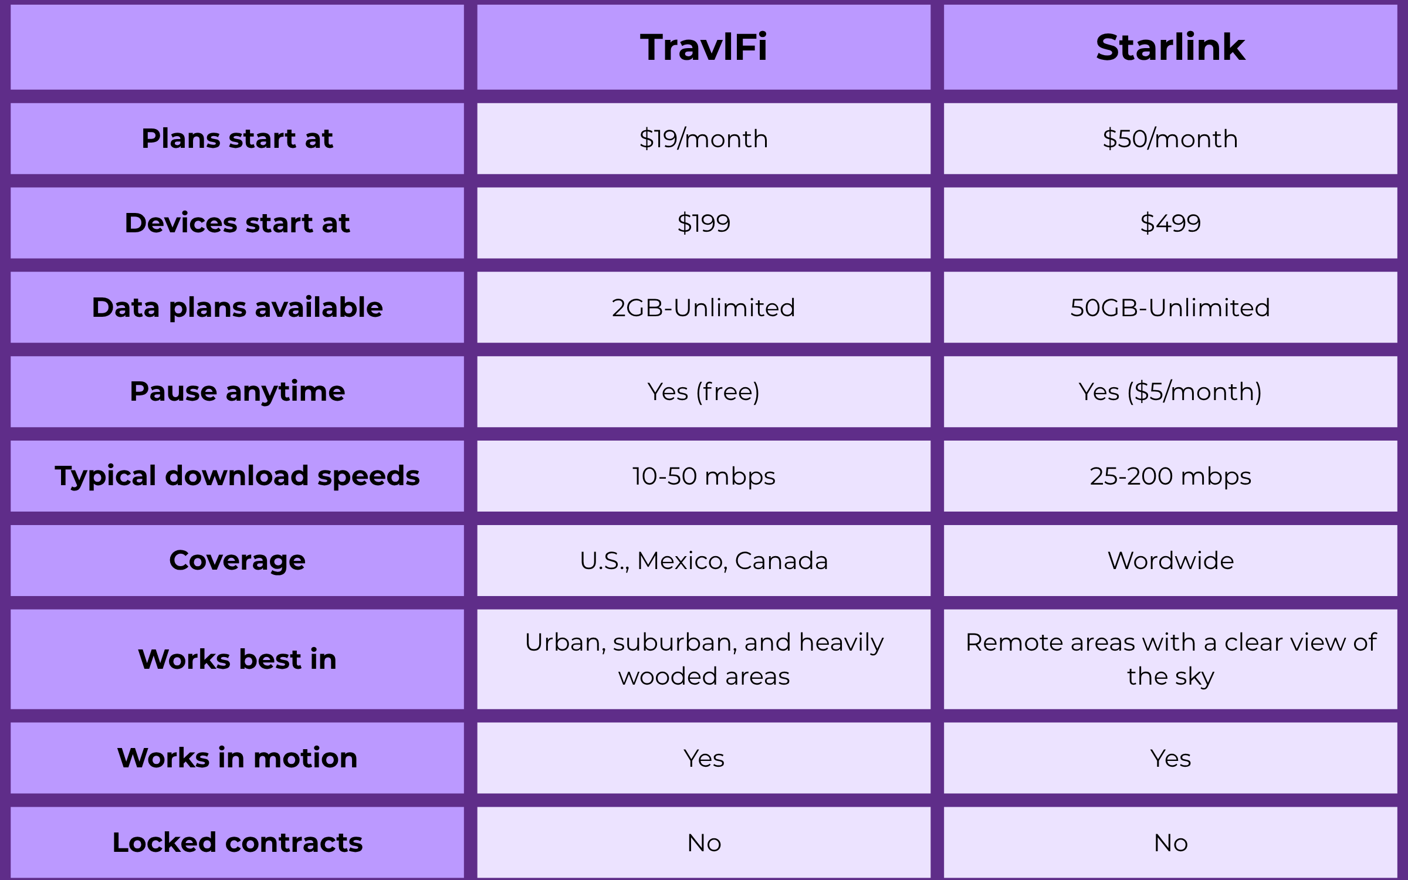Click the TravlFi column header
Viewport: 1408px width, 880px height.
point(703,47)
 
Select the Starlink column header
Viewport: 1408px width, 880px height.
point(1170,47)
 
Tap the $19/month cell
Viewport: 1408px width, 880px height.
point(703,139)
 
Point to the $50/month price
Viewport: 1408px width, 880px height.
point(1170,139)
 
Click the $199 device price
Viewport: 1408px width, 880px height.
point(703,223)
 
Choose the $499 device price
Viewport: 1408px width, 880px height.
point(1170,223)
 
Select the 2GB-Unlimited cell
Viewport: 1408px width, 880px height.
point(703,307)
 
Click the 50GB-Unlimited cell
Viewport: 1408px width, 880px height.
point(1170,307)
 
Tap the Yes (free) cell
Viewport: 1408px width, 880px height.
point(703,391)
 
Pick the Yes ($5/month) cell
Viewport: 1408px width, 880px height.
point(1170,391)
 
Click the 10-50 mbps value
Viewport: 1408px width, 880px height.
point(703,476)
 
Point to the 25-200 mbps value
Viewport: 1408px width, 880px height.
point(1170,476)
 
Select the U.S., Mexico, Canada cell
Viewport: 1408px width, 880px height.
point(703,560)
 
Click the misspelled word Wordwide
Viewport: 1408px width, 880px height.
point(1170,560)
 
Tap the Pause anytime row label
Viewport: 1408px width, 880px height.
point(237,391)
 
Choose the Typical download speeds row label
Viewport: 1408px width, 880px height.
point(237,476)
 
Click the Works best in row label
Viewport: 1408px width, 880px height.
point(237,659)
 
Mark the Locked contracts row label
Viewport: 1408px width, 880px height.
point(237,842)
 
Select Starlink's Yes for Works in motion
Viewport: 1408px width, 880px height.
point(1170,758)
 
